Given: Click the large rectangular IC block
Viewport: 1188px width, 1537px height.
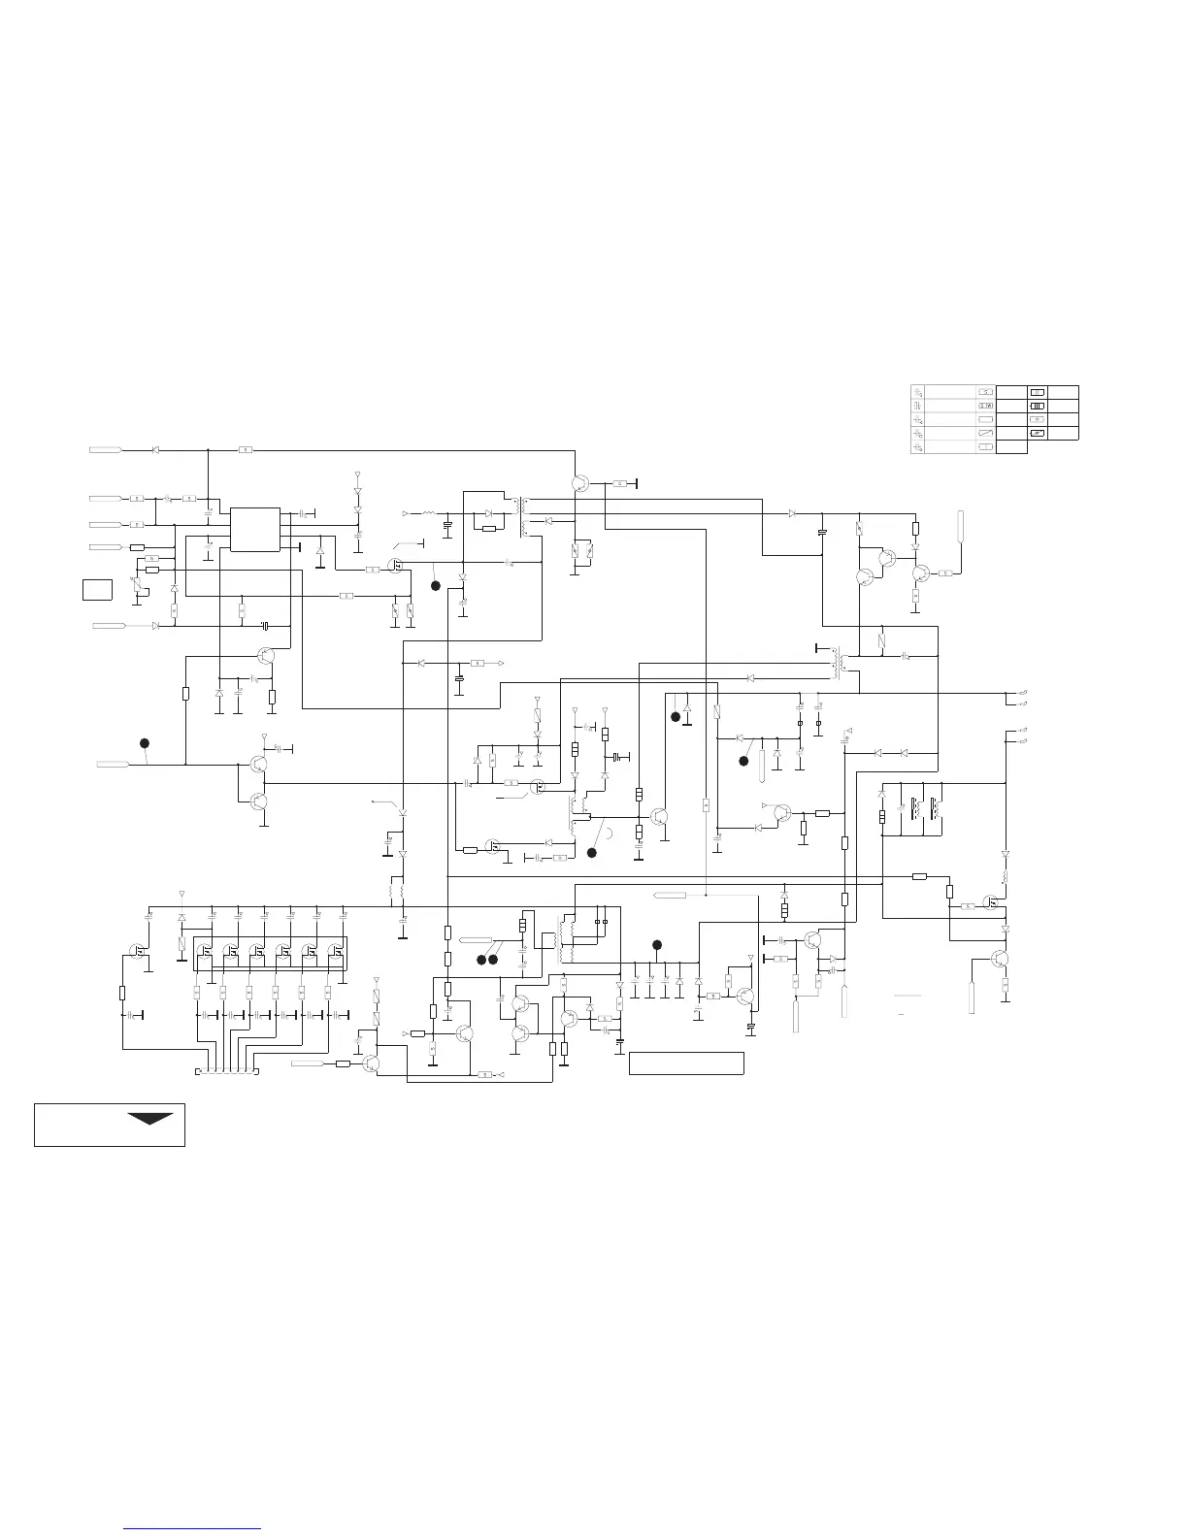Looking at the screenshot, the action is (x=254, y=529).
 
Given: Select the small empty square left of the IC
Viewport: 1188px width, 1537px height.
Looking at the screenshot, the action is (x=97, y=589).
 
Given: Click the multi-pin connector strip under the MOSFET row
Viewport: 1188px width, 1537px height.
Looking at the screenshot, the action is (x=228, y=1072).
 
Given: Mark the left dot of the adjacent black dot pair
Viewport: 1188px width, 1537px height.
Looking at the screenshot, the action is (x=480, y=960).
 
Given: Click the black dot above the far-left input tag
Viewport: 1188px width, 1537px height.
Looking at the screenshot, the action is (x=144, y=743).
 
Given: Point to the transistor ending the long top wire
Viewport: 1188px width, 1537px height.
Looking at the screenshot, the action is (x=580, y=483).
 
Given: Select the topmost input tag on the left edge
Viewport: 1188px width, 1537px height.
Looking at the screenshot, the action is (x=105, y=450).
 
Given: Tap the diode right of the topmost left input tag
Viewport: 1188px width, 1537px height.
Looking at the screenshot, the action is (x=156, y=450).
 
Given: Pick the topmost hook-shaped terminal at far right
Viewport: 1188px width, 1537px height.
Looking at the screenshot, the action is (x=1022, y=692).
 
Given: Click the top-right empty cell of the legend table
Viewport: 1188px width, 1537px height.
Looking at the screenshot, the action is (x=1065, y=391).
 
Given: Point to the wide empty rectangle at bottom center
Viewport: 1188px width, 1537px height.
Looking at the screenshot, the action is (x=686, y=1063).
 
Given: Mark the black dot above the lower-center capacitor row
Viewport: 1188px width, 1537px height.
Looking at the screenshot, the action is (x=656, y=944).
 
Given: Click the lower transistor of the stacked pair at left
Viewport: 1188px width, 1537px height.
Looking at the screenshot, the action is (x=258, y=801).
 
